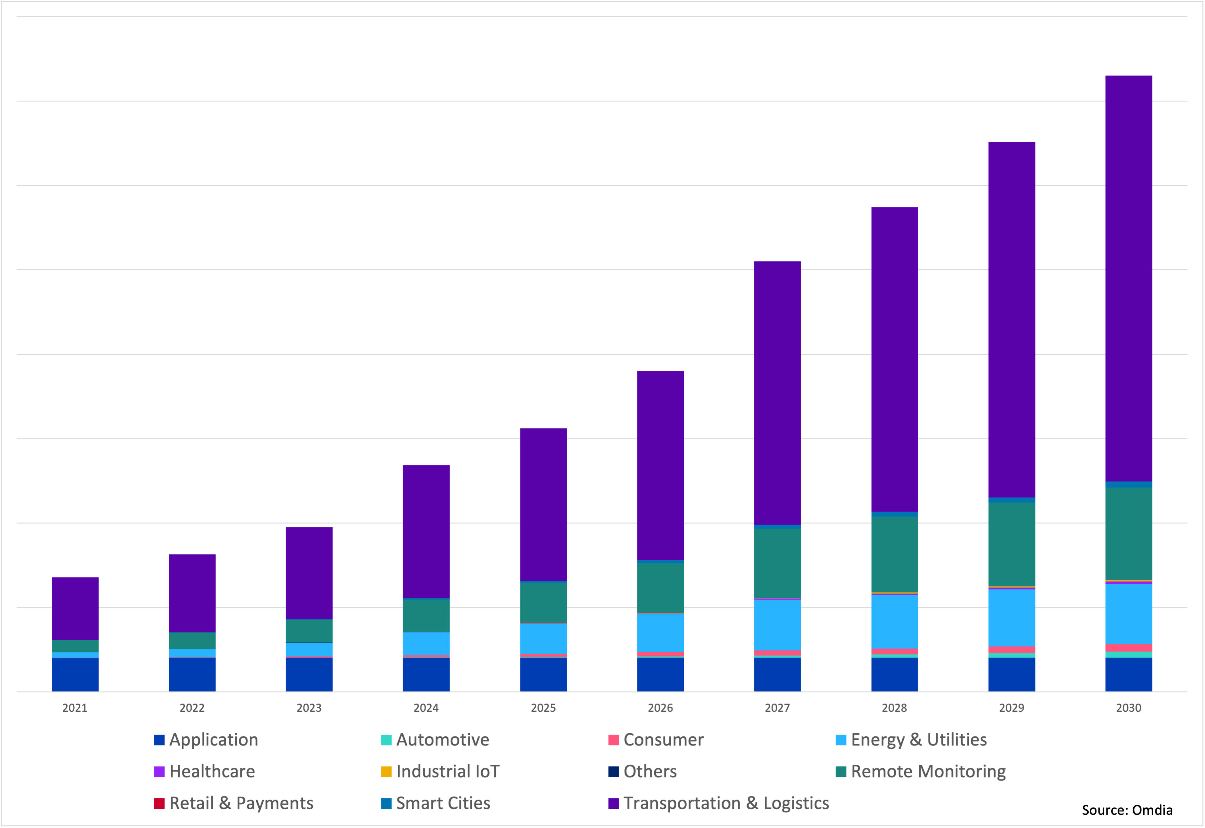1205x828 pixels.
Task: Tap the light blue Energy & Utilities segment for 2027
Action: point(777,625)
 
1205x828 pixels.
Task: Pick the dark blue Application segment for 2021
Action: point(75,674)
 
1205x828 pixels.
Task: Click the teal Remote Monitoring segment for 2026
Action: point(660,588)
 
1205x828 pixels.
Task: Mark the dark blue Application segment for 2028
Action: point(894,674)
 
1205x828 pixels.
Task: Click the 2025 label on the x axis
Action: point(543,708)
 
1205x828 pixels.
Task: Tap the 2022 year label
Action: point(192,708)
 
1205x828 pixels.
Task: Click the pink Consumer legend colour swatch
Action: point(614,740)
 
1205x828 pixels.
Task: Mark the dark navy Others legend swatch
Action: point(614,771)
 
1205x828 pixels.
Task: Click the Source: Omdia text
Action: point(1127,810)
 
